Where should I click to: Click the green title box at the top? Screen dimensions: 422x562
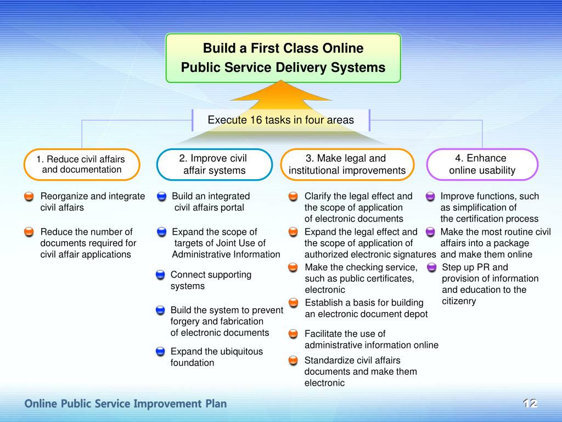tap(283, 58)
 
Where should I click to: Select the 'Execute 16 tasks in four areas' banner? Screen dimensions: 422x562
tap(280, 120)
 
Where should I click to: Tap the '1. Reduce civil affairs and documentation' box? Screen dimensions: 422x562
tap(82, 164)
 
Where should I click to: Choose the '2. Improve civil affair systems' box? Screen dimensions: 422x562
tap(214, 164)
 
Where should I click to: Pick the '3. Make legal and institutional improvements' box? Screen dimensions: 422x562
tap(347, 164)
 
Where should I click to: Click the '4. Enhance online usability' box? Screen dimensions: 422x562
tap(482, 164)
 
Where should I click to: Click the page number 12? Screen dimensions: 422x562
tap(529, 404)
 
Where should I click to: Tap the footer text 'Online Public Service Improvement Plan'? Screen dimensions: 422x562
tap(125, 404)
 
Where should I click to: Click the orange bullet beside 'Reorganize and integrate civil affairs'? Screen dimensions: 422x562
tap(29, 196)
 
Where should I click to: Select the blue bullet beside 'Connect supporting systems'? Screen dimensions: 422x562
tap(160, 275)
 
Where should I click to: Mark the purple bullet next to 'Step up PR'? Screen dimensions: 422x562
tap(431, 268)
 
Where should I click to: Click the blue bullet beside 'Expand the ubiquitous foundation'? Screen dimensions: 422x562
tap(160, 352)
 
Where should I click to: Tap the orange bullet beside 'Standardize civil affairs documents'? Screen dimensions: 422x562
tap(294, 360)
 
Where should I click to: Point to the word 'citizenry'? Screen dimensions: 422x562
tap(459, 301)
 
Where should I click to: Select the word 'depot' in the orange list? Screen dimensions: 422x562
tap(415, 314)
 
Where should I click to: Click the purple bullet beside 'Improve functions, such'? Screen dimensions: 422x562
tap(430, 196)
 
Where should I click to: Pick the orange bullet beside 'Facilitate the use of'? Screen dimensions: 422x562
tap(294, 334)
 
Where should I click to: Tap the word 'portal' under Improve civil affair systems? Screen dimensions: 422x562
tap(232, 208)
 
